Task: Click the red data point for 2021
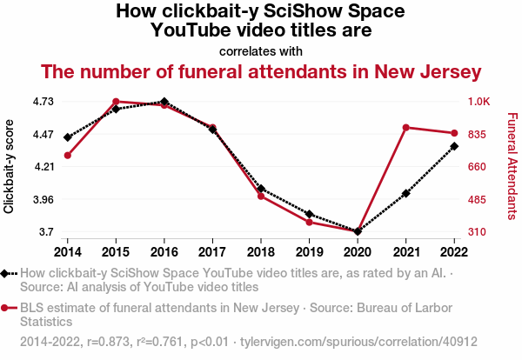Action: pyautogui.click(x=405, y=128)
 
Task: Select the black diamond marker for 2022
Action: pyautogui.click(x=454, y=146)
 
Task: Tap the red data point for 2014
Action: pyautogui.click(x=67, y=156)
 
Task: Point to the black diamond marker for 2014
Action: pyautogui.click(x=67, y=137)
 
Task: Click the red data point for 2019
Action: pyautogui.click(x=309, y=223)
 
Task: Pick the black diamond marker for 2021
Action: pyautogui.click(x=405, y=193)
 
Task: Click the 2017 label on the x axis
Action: pyautogui.click(x=212, y=251)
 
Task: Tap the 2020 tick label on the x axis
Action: pyautogui.click(x=358, y=251)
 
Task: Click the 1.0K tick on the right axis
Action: pyautogui.click(x=479, y=102)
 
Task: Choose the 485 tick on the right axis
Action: pyautogui.click(x=478, y=200)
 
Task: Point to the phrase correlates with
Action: pyautogui.click(x=261, y=50)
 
